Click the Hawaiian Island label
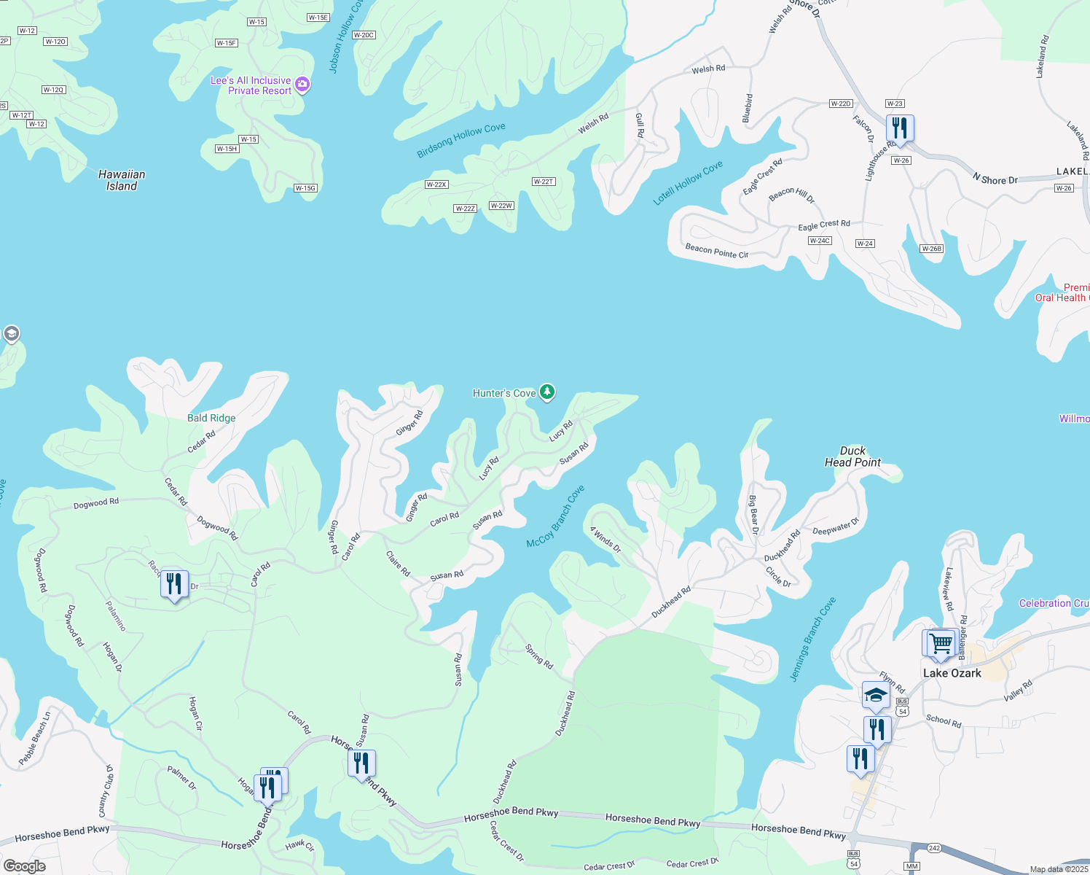click(x=122, y=180)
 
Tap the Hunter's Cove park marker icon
click(x=547, y=392)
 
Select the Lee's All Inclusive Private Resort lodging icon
click(x=302, y=85)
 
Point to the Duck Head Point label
click(x=852, y=456)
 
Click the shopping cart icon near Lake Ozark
click(x=941, y=643)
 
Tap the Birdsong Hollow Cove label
click(x=460, y=140)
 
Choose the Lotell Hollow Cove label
click(x=688, y=182)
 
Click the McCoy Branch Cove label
click(x=556, y=517)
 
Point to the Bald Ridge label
click(x=211, y=418)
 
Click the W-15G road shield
click(x=305, y=188)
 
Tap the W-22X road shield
click(x=436, y=184)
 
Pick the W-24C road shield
click(x=820, y=241)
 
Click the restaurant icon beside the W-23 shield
click(x=900, y=128)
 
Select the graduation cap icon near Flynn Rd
click(x=875, y=695)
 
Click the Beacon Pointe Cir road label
click(x=717, y=251)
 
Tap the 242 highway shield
click(x=935, y=848)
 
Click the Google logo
click(x=24, y=866)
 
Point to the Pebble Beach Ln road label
click(x=34, y=739)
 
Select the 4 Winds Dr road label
click(x=605, y=540)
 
